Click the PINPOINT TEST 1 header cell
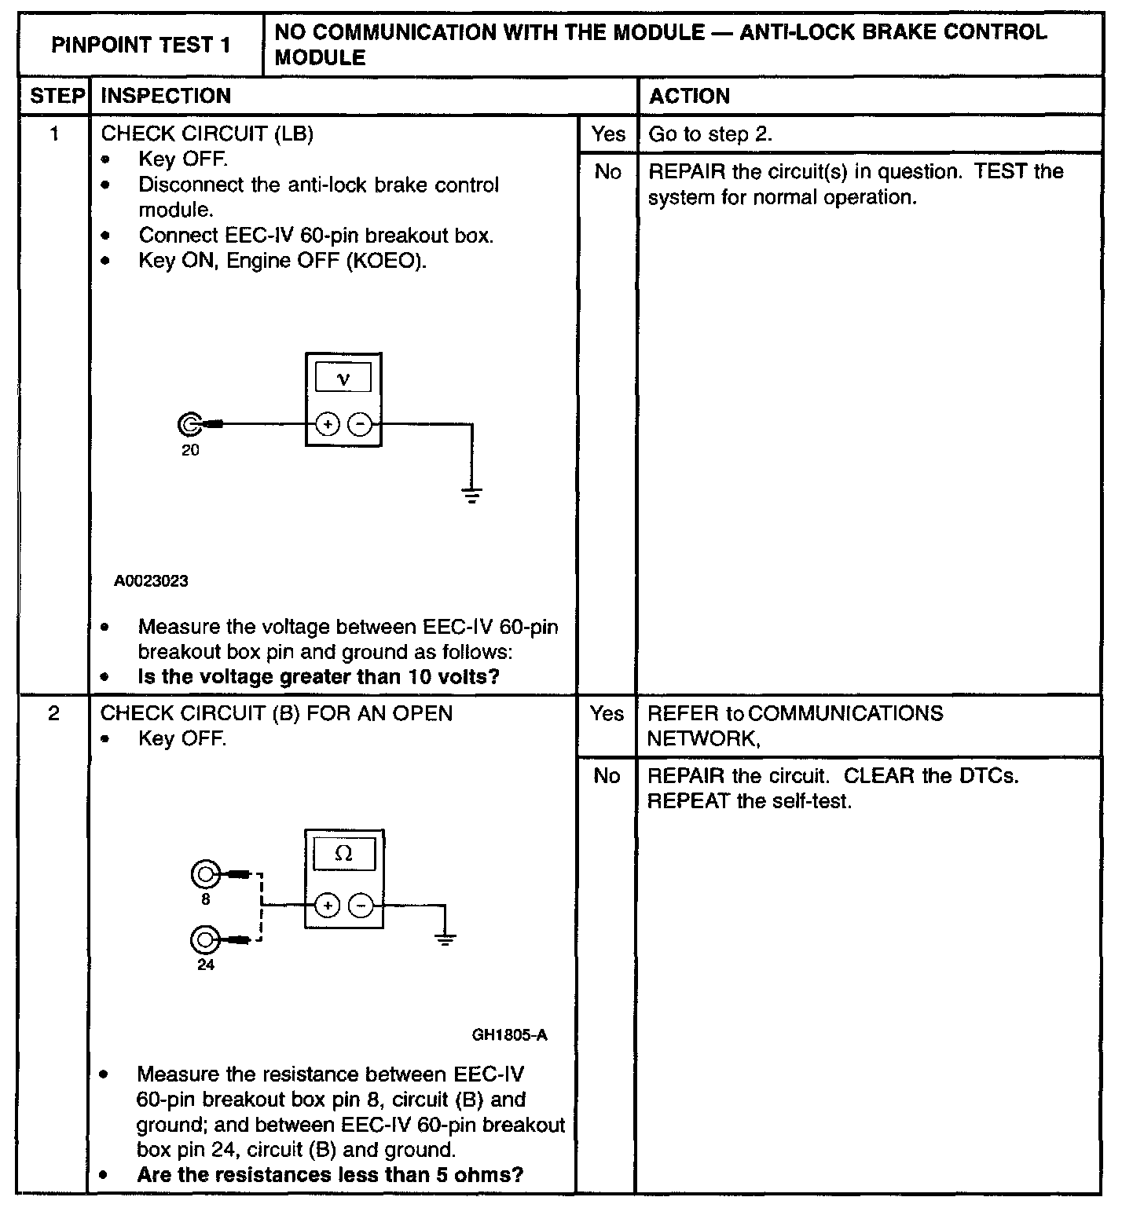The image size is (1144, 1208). [141, 45]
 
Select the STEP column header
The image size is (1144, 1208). [57, 96]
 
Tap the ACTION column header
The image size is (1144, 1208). [689, 96]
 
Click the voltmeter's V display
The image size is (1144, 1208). [343, 379]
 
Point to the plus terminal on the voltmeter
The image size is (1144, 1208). [327, 425]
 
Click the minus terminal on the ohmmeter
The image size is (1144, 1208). [361, 906]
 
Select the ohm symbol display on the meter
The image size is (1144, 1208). [344, 854]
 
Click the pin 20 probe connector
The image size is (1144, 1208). [189, 425]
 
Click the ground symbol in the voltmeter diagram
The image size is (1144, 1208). [471, 496]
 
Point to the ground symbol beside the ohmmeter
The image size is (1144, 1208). [445, 939]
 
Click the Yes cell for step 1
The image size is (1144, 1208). [608, 134]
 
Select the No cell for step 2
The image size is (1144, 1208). [607, 776]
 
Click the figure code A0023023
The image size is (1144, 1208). [151, 581]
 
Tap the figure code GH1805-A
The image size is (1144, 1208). [509, 1035]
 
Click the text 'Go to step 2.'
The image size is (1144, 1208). [710, 134]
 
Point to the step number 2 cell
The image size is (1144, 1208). [53, 713]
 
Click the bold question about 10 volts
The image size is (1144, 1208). [318, 677]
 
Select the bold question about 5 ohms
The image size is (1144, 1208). [330, 1175]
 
